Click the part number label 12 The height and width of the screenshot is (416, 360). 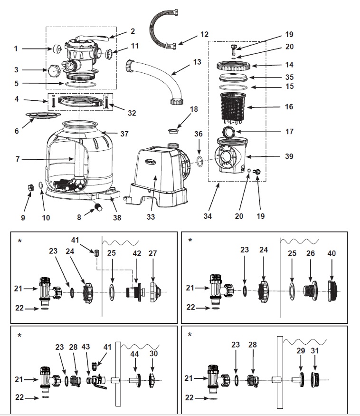pyautogui.click(x=204, y=35)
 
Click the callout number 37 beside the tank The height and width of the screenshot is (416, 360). pyautogui.click(x=124, y=134)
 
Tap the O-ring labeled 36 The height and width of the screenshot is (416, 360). pyautogui.click(x=200, y=161)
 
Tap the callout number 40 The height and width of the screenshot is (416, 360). pyautogui.click(x=332, y=253)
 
